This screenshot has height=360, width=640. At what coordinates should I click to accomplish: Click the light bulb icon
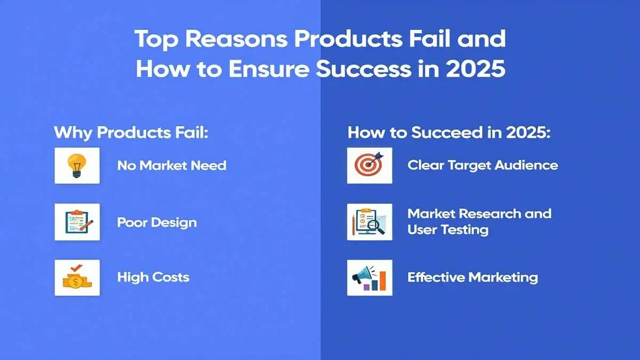tap(77, 165)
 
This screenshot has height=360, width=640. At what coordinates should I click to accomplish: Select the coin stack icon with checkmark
tap(77, 277)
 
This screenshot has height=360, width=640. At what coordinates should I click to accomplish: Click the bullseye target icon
tap(369, 165)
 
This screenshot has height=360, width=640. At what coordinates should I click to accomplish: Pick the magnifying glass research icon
tap(369, 221)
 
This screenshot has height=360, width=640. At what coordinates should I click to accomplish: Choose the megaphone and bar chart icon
tap(369, 277)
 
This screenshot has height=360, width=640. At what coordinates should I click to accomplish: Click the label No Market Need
tap(172, 165)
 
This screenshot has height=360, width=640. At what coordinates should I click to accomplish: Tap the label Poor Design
tap(157, 222)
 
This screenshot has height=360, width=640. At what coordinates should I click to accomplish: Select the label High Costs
tap(153, 277)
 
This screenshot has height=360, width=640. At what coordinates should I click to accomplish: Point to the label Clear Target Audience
tap(483, 165)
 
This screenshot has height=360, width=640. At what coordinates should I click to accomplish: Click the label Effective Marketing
tap(473, 277)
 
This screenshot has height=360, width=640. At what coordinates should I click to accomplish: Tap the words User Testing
tap(448, 230)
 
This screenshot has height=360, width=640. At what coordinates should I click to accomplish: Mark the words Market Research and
tap(479, 214)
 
